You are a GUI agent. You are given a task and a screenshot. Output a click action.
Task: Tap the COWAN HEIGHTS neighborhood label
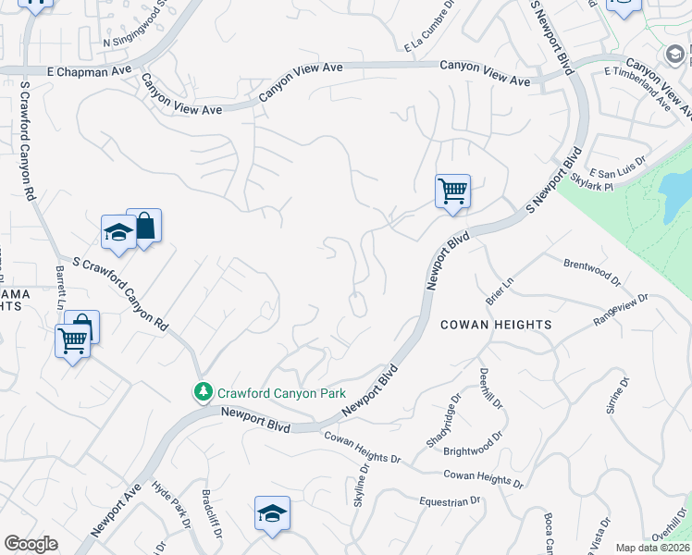(496, 325)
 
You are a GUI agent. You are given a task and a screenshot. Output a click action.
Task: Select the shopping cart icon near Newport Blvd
(452, 191)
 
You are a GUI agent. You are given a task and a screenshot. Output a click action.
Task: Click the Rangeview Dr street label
(621, 310)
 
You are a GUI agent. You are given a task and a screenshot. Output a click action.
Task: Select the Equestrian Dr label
(451, 501)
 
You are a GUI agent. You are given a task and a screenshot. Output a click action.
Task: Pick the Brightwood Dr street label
(473, 443)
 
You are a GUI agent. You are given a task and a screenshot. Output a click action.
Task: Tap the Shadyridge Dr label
(443, 422)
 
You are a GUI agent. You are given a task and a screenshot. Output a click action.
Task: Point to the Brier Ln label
(499, 289)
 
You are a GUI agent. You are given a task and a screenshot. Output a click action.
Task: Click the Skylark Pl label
(592, 179)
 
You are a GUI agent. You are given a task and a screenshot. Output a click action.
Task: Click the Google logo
(31, 544)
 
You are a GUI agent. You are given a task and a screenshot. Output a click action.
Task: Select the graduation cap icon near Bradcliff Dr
(272, 512)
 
